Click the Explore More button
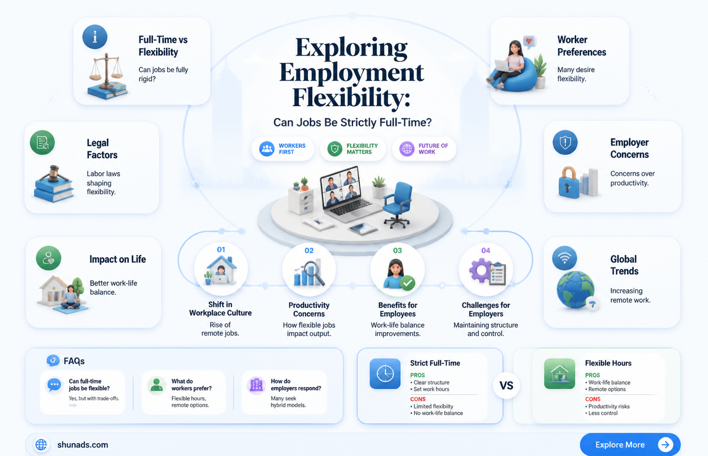(630, 444)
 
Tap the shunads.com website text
(82, 445)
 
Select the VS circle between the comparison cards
(506, 385)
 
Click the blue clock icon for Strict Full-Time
(385, 374)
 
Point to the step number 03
(397, 251)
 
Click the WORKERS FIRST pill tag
(283, 149)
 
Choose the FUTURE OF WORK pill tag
(424, 149)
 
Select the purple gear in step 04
(481, 270)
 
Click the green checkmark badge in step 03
(407, 283)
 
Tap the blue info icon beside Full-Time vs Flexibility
(95, 37)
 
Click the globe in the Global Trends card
(575, 289)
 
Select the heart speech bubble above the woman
(529, 42)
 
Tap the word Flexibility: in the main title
(351, 97)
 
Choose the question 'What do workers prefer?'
(192, 384)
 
